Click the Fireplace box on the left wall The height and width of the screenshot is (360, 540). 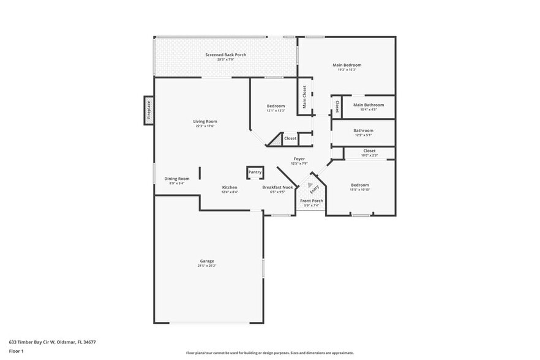(148, 111)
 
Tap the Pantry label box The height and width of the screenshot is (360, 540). (255, 173)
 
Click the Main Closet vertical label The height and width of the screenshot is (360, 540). (304, 96)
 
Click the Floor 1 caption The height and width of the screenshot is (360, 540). (16, 351)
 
